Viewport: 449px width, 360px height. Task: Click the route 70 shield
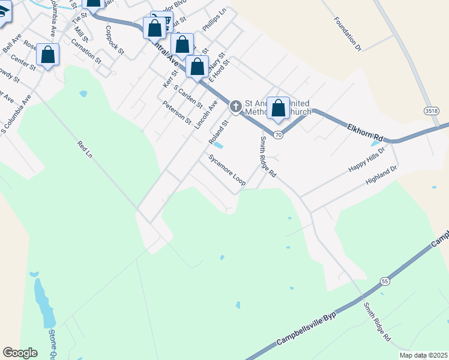coord(278,135)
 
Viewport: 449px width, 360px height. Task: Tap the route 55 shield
coord(385,281)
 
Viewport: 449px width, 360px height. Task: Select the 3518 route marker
coord(431,111)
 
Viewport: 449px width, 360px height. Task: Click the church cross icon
coord(236,107)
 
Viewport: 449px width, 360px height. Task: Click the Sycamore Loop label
coord(227,170)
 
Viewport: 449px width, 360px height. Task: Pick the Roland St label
coord(218,133)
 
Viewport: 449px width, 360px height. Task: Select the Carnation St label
coord(86,52)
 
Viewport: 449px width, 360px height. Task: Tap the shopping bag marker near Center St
coord(48,55)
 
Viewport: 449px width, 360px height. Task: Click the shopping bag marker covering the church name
coord(278,109)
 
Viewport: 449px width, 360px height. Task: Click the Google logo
coord(20,352)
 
